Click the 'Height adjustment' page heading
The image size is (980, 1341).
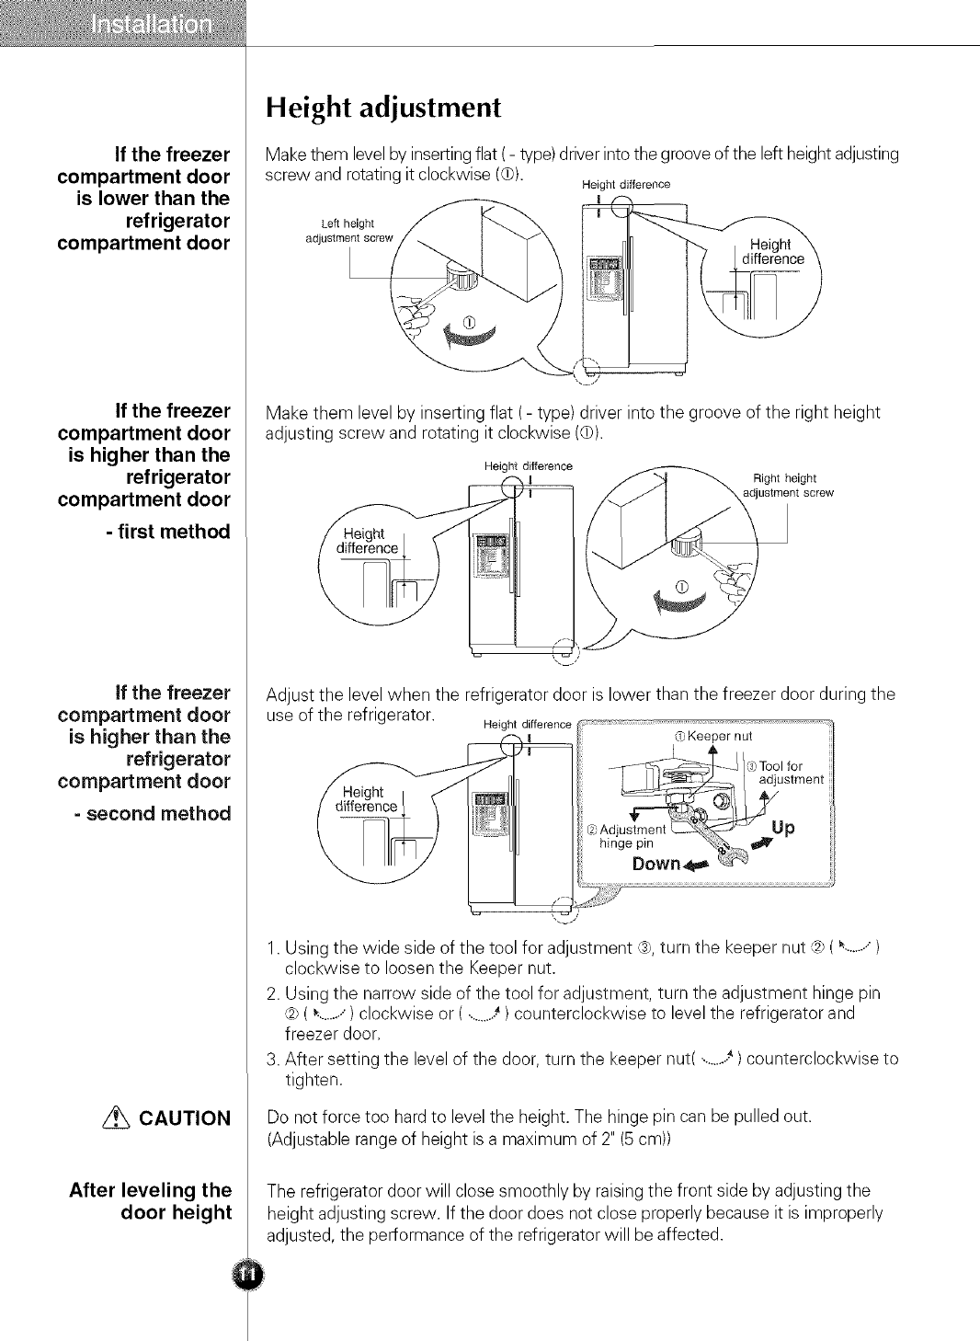pos(382,109)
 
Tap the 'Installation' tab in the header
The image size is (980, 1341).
pos(153,23)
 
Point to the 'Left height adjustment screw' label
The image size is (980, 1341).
pos(348,231)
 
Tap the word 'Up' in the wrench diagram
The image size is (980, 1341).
pos(783,828)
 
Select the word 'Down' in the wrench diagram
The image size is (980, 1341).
pos(655,864)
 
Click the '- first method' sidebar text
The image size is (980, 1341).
pos(167,532)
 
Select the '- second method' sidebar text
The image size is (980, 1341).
pos(153,814)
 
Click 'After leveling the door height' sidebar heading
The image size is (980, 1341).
pos(151,1201)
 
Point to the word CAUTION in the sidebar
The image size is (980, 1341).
pos(185,1118)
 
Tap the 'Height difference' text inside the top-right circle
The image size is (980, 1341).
pos(772,252)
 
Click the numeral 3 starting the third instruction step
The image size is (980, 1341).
pos(271,1060)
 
